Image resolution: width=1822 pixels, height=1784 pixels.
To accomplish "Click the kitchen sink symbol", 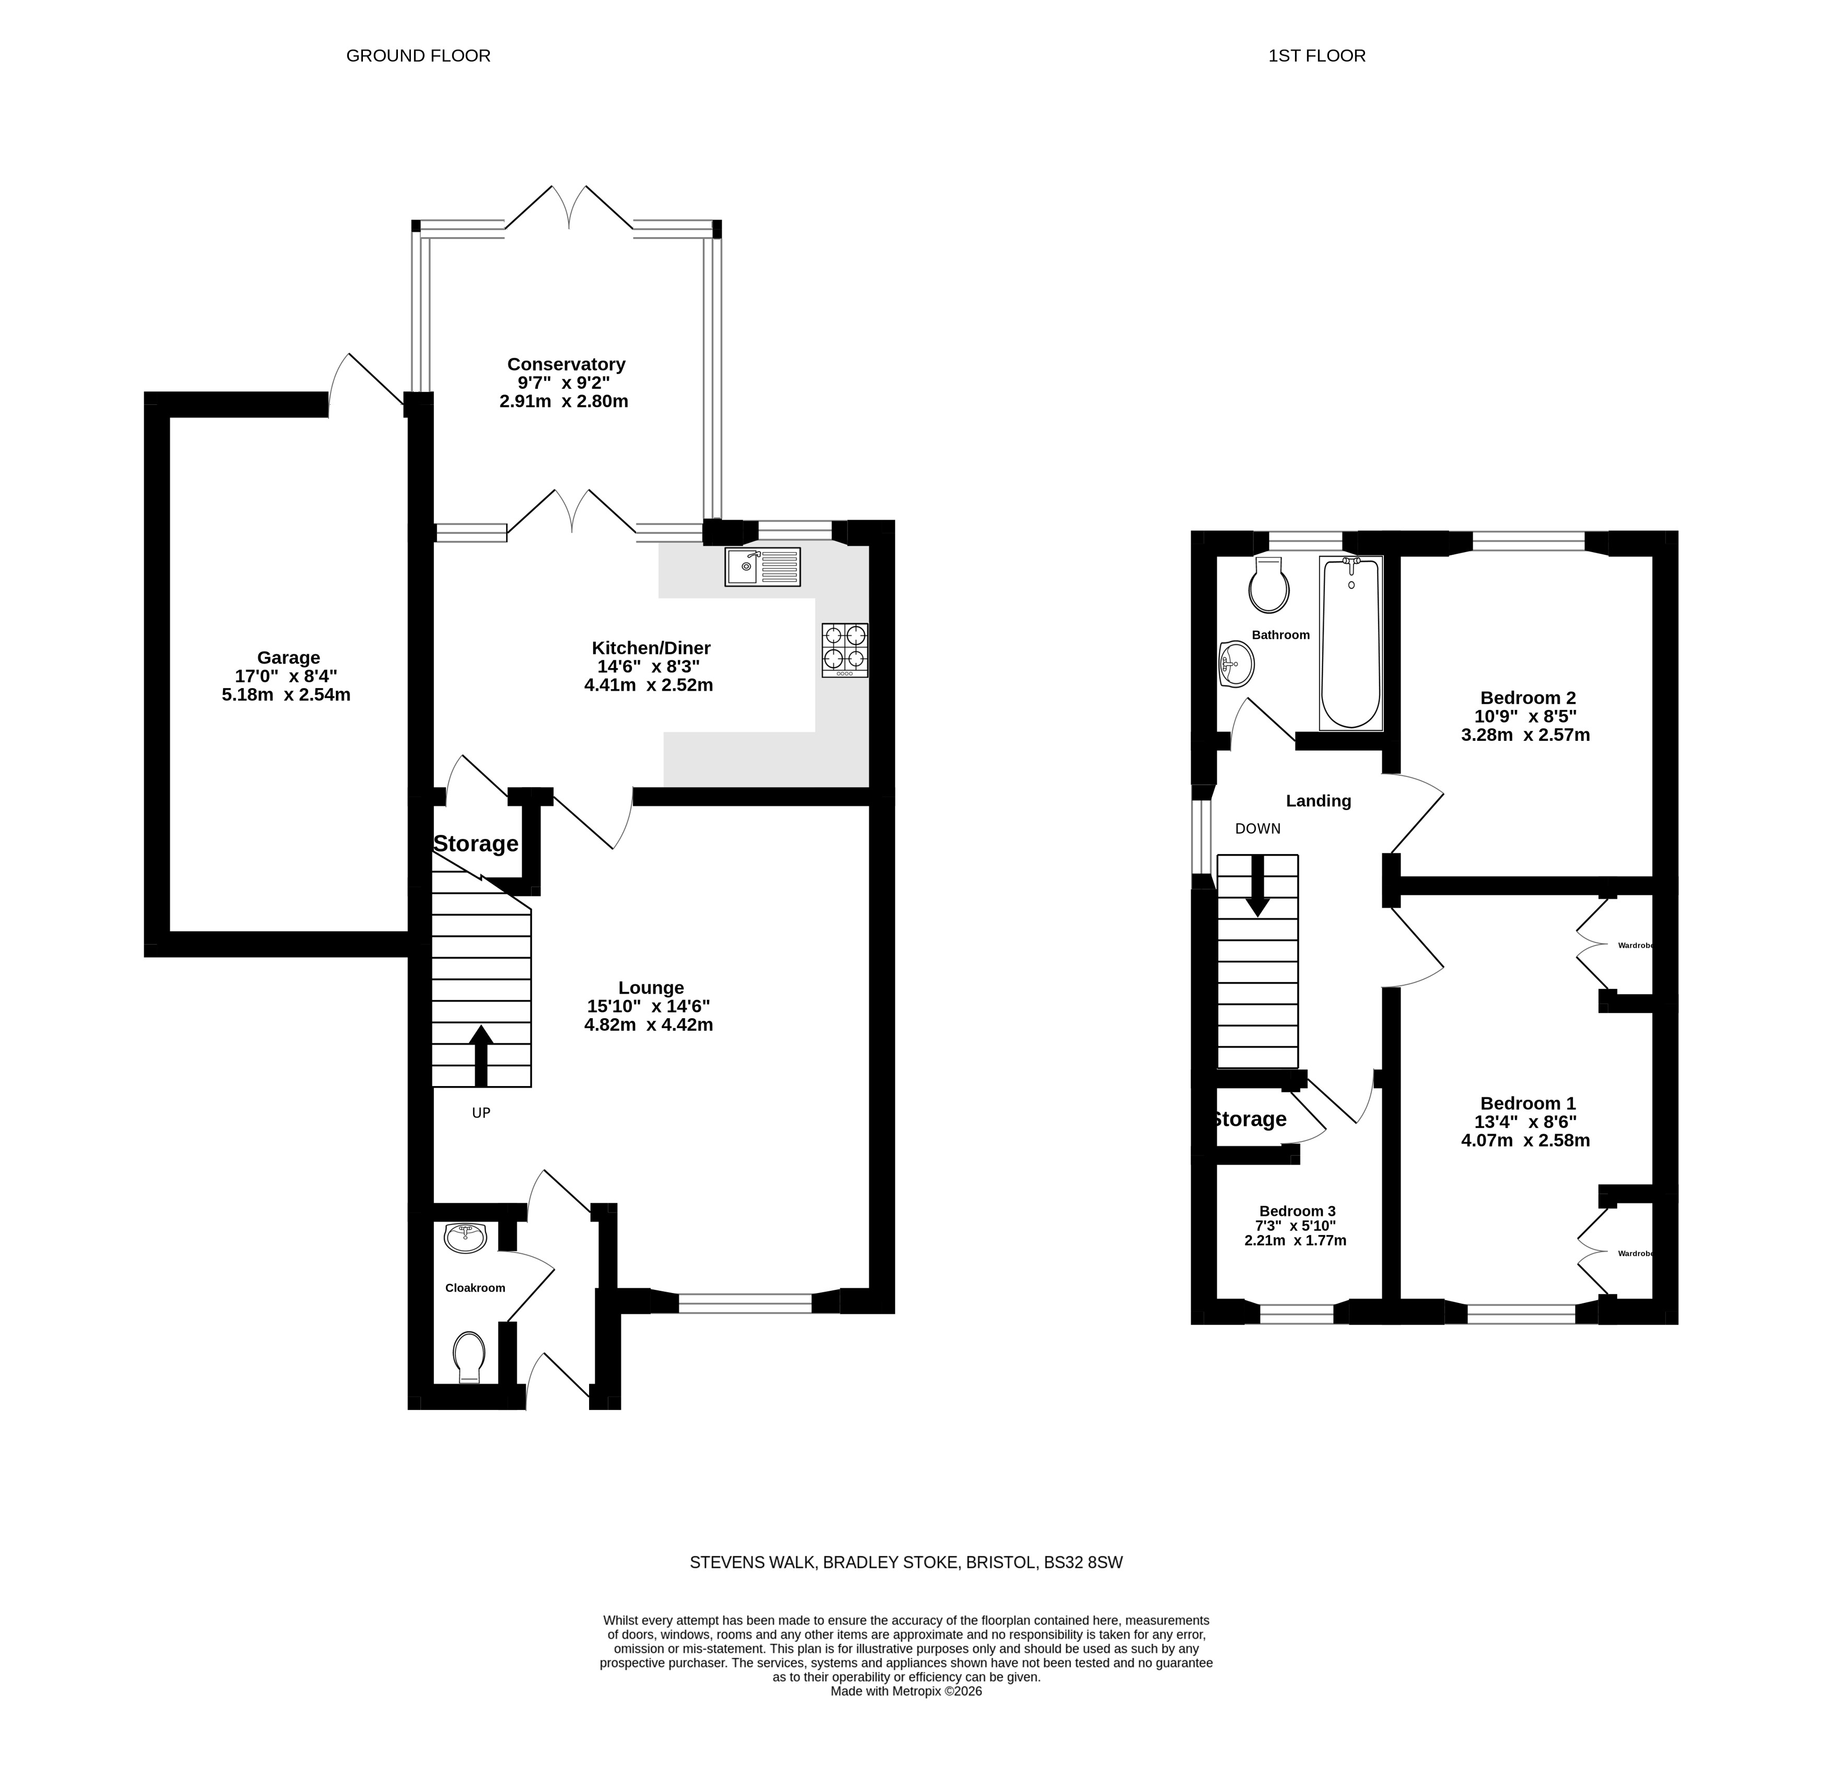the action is pyautogui.click(x=762, y=567).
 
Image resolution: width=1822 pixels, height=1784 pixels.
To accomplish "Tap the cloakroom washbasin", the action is pyautogui.click(x=466, y=1238).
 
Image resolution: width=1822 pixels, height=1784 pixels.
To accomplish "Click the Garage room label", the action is pyautogui.click(x=288, y=658).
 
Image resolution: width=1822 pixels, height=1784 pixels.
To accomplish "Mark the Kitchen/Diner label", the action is pyautogui.click(x=651, y=647).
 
